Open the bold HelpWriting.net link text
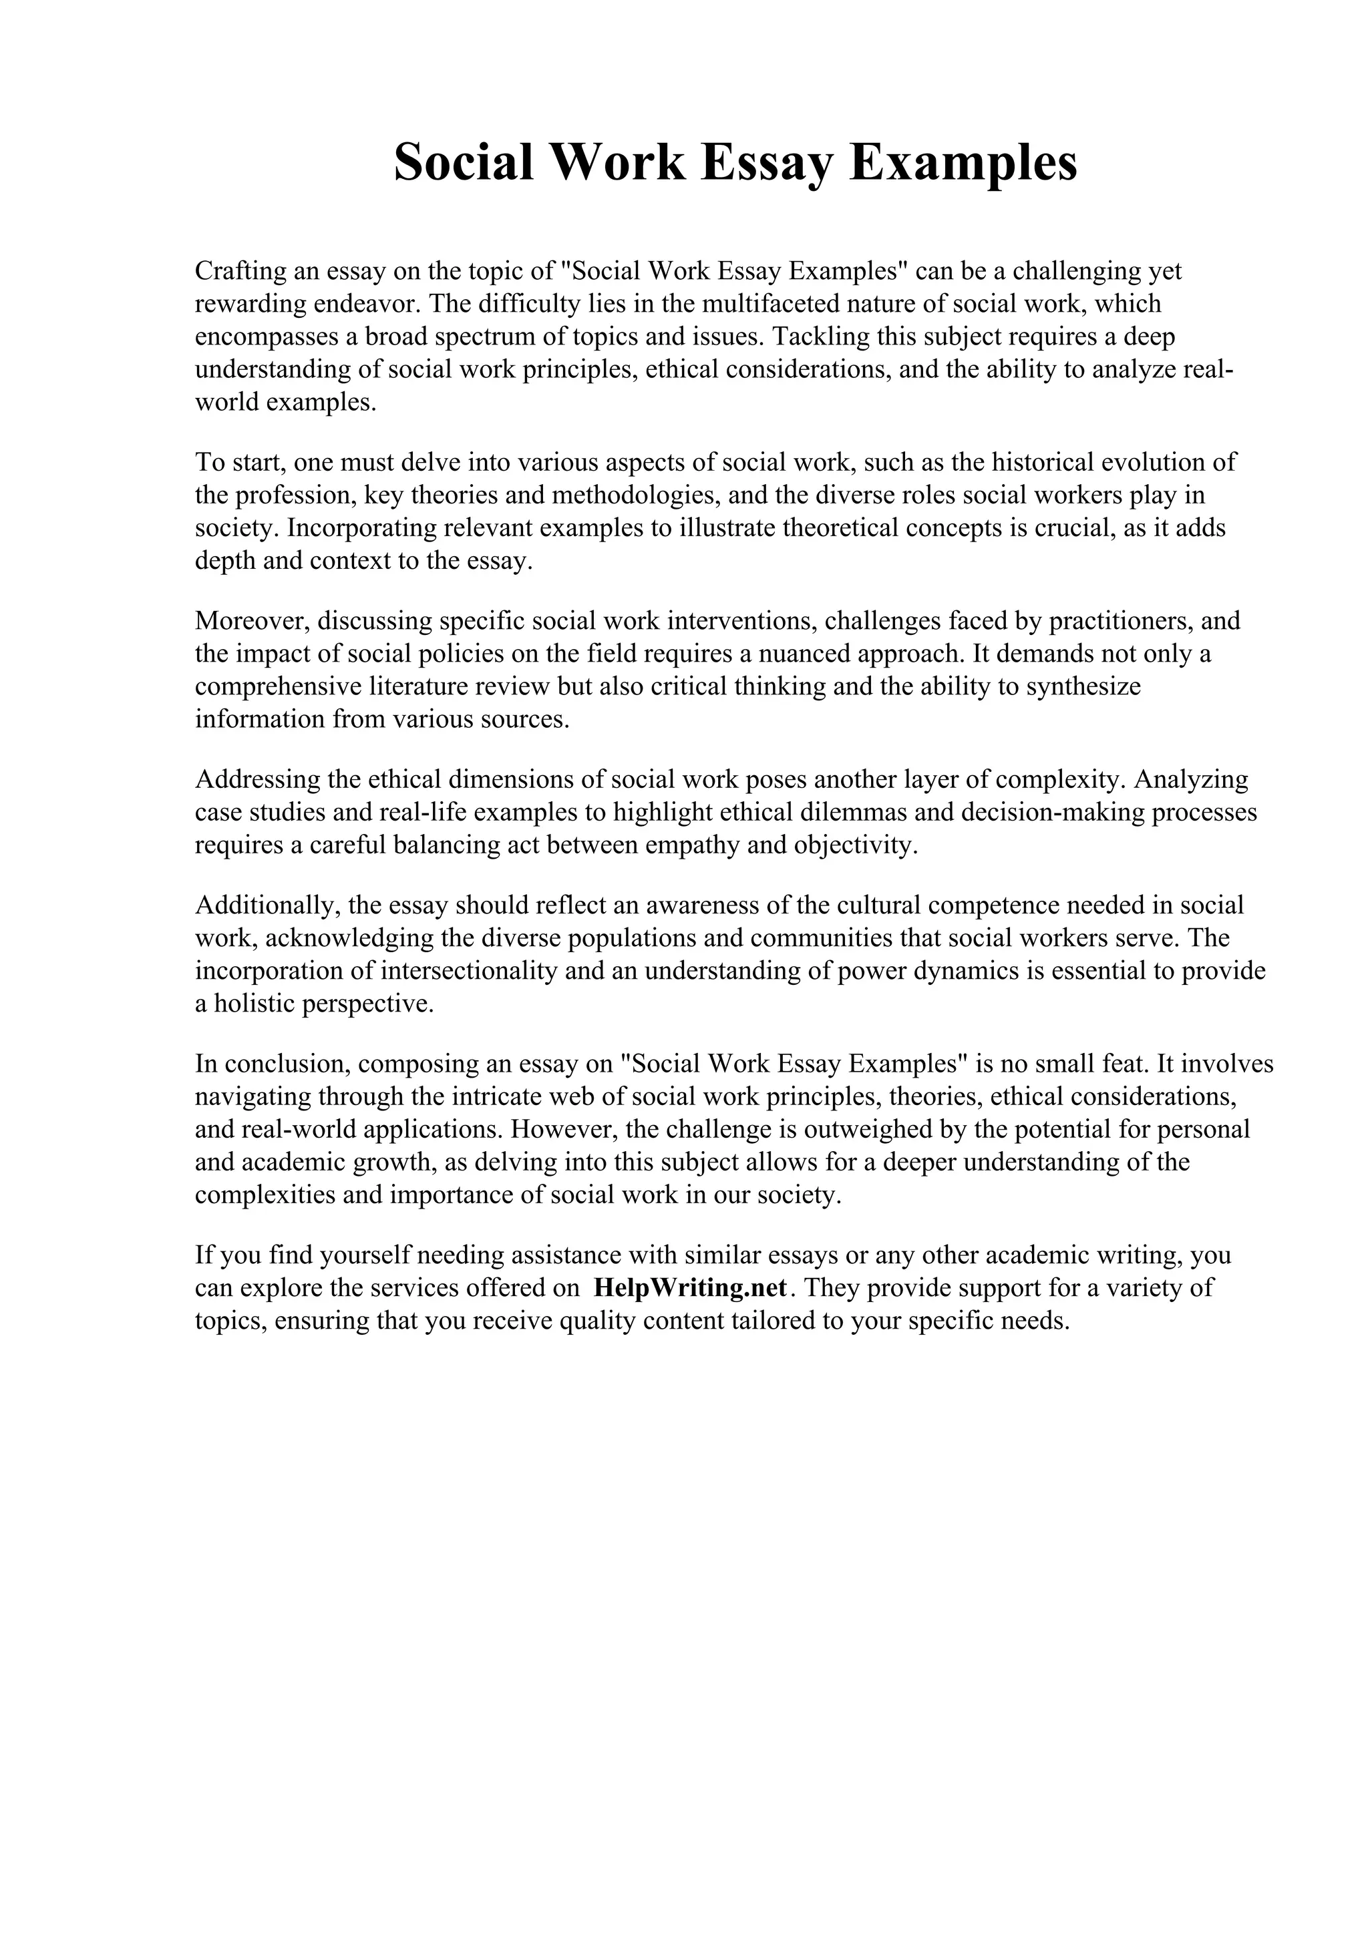[x=689, y=1288]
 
